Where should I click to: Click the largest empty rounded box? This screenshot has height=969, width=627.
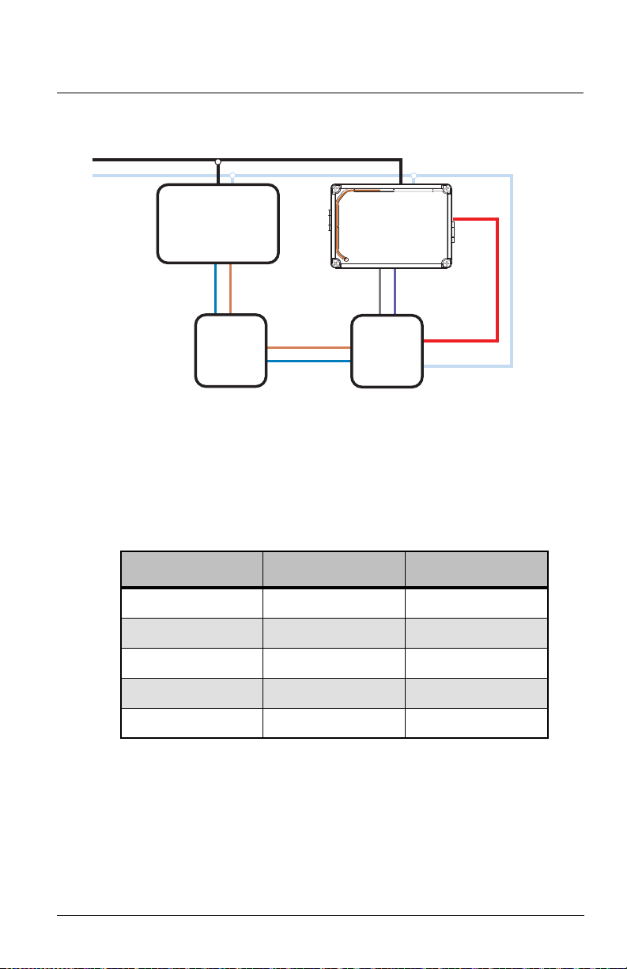point(217,223)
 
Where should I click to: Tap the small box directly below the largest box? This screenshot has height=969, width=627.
point(230,350)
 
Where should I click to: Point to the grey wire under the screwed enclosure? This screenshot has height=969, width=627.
point(381,291)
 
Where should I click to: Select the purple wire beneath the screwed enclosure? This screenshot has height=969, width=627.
point(395,291)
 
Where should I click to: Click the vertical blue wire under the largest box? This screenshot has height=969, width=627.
point(215,288)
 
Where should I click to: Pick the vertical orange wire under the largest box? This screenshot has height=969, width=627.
point(230,288)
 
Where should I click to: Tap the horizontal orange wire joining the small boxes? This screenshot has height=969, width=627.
point(308,347)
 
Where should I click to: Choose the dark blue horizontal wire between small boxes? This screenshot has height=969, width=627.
point(308,361)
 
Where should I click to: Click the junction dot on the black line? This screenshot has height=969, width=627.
point(218,162)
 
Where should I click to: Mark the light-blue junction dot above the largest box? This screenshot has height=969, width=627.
point(232,175)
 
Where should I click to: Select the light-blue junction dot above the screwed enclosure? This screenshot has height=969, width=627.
point(414,175)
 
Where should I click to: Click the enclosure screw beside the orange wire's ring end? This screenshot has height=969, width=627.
point(337,263)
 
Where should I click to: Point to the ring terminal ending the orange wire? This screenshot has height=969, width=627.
point(346,259)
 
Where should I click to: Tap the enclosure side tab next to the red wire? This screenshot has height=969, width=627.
point(454,229)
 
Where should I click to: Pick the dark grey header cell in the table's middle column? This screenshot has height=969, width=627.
point(333,570)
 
